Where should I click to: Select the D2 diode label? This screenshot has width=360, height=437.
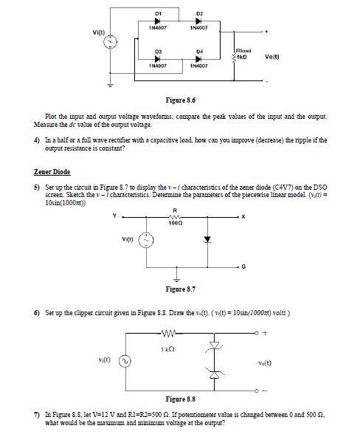click(x=199, y=13)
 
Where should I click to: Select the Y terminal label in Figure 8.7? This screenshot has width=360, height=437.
click(x=115, y=216)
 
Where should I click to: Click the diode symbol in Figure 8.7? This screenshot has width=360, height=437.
click(x=207, y=239)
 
